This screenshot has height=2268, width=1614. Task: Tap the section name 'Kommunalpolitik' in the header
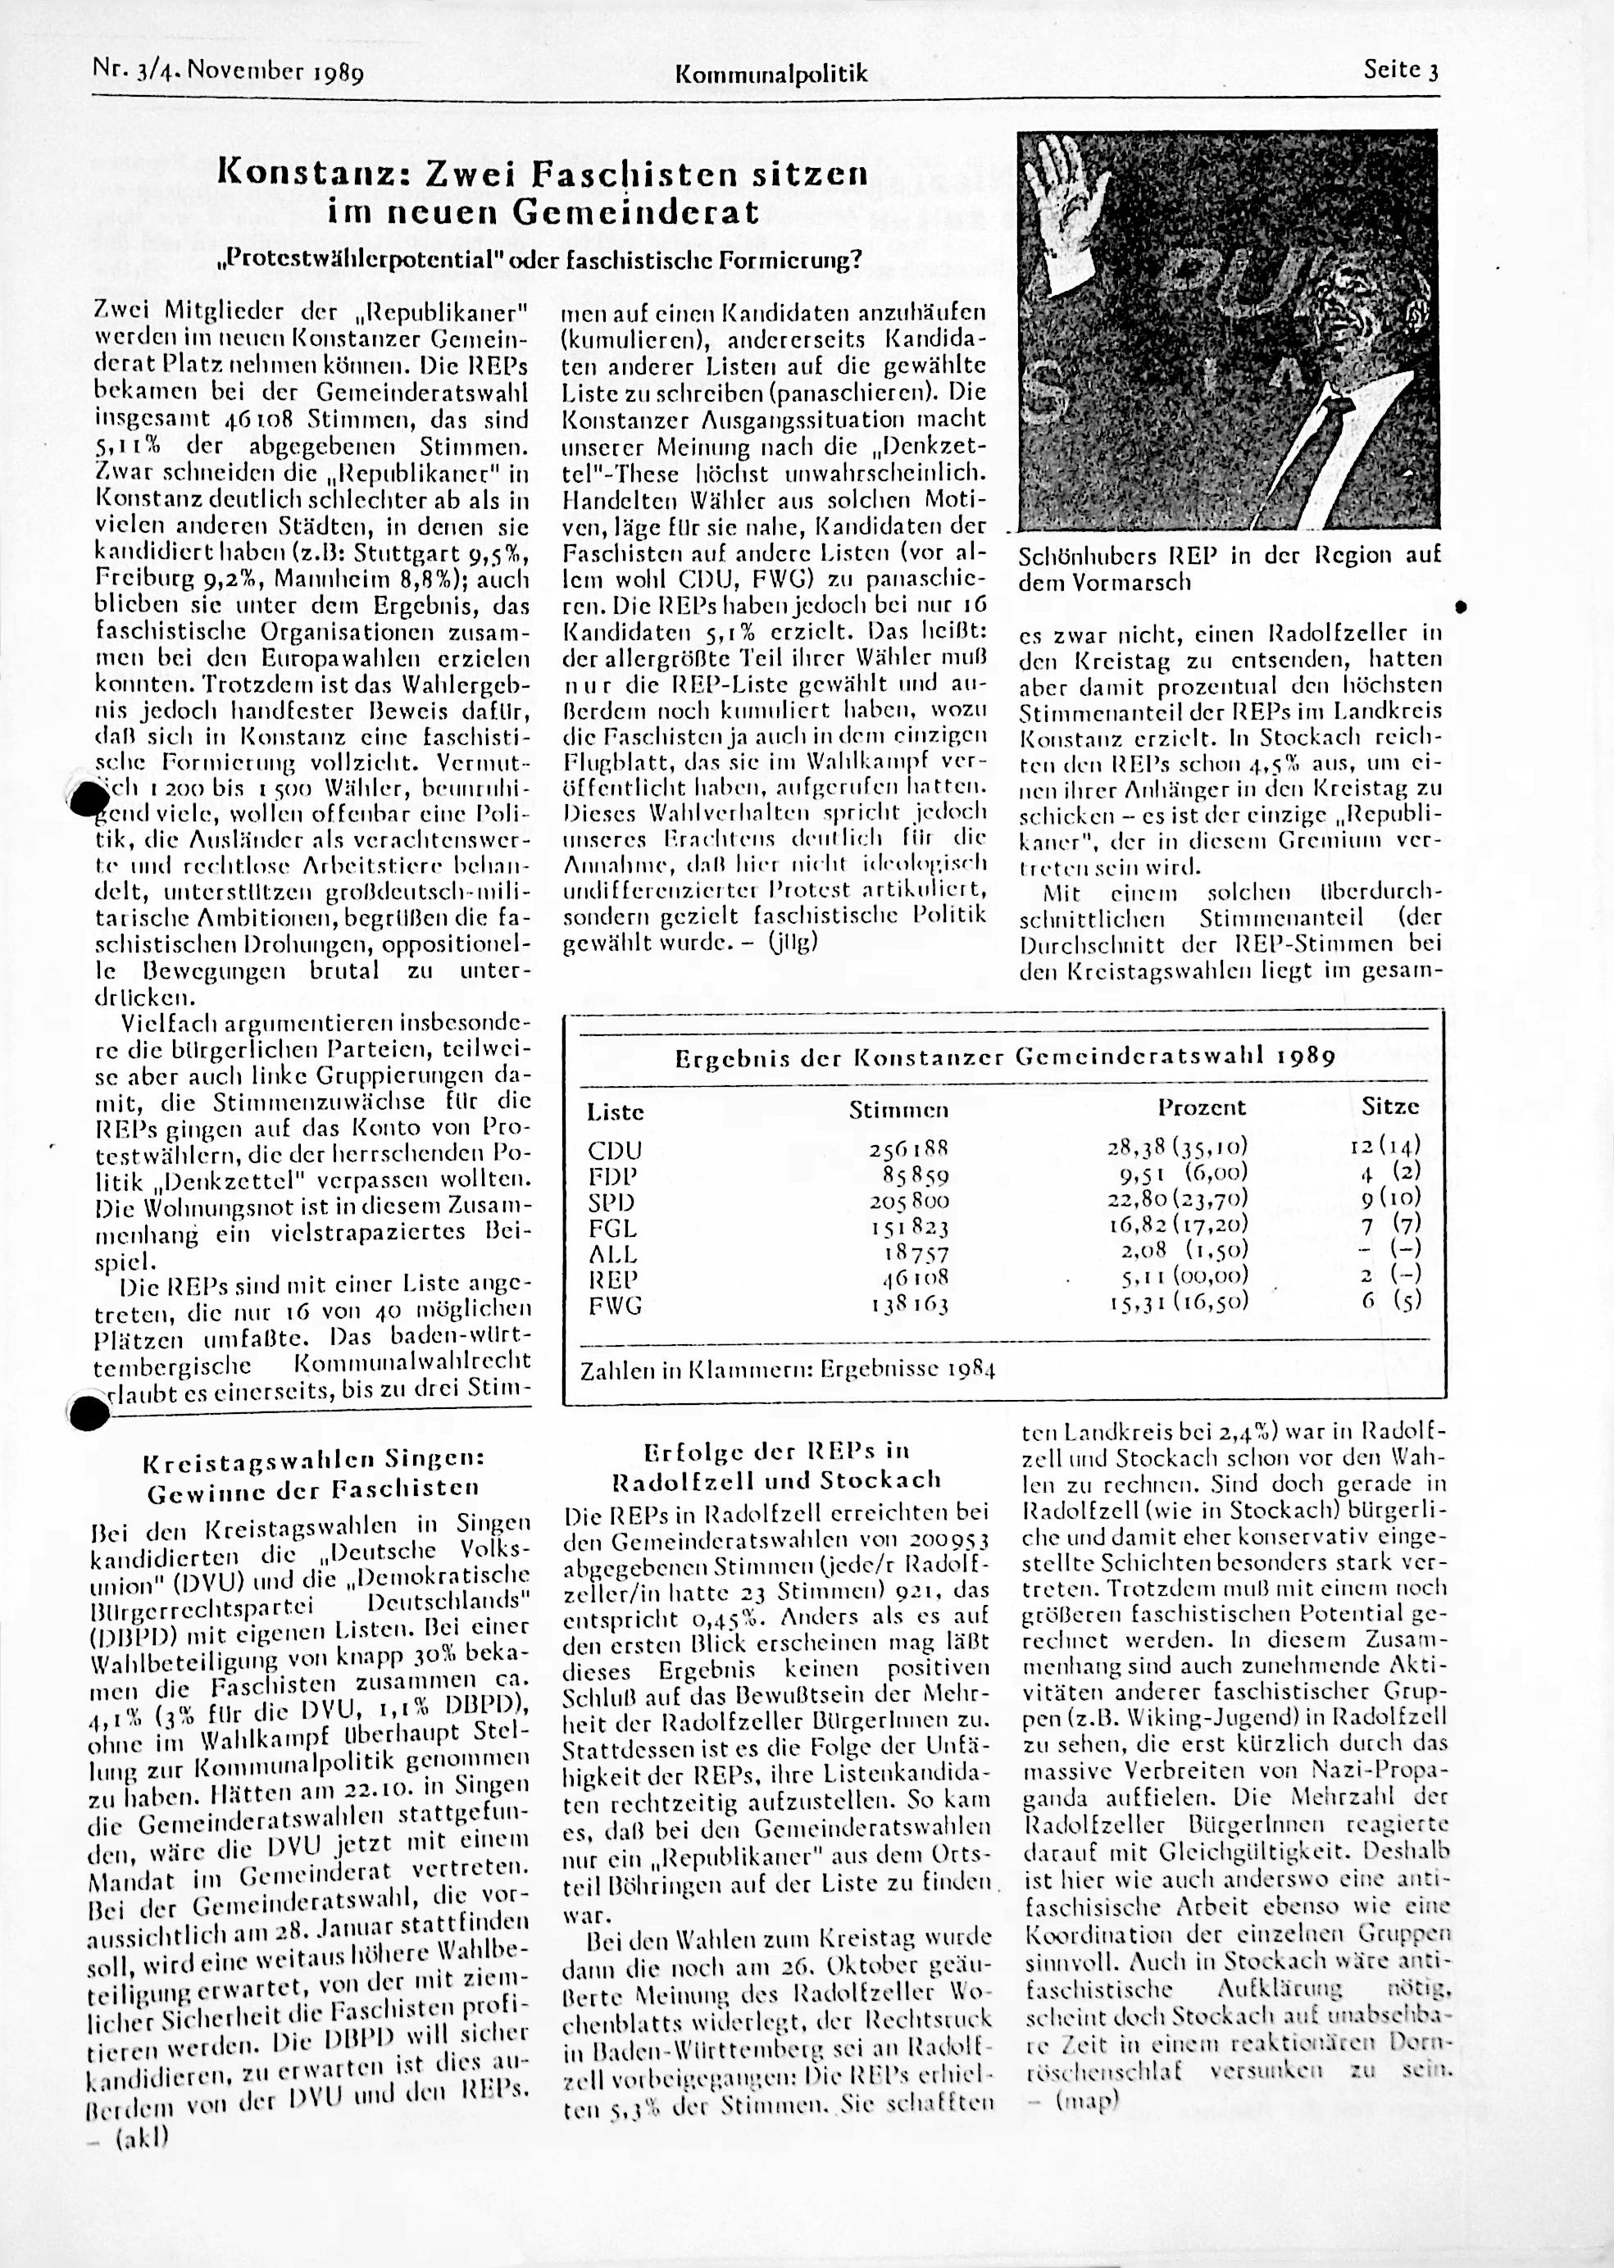(771, 74)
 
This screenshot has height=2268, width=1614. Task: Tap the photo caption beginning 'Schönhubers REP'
(1229, 567)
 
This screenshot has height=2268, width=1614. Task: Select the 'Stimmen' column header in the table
(898, 1109)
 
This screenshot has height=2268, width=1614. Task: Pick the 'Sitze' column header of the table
(1389, 1107)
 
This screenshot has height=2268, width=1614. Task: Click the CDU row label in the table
(615, 1151)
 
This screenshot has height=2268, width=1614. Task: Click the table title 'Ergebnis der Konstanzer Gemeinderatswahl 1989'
(1004, 1057)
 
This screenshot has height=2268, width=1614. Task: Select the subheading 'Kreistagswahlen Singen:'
(314, 1462)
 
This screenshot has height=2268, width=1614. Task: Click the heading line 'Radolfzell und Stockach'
(776, 1479)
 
